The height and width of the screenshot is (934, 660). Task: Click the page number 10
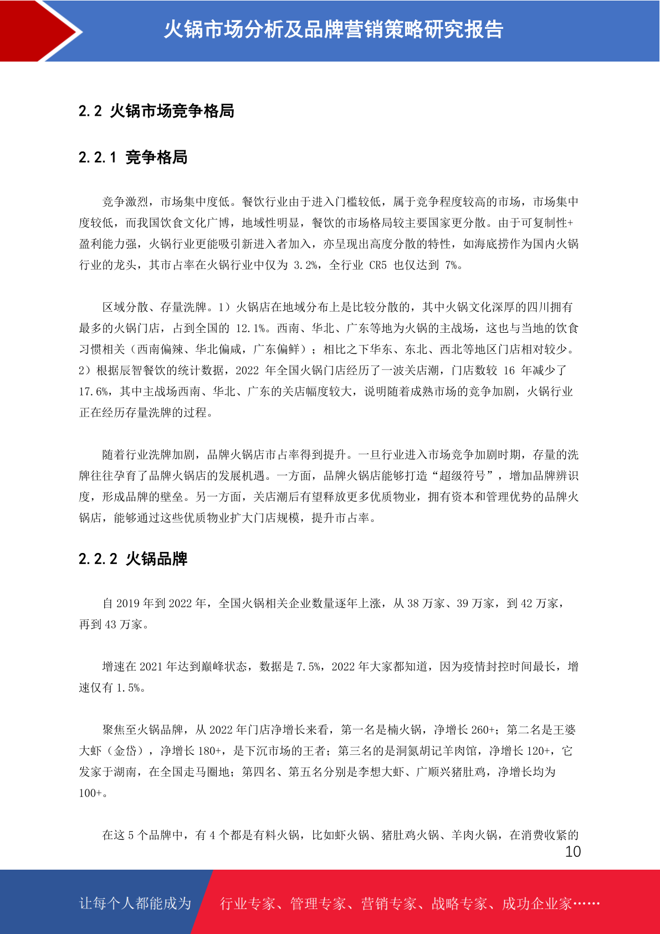pos(572,852)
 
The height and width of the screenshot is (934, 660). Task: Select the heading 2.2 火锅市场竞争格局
pos(156,111)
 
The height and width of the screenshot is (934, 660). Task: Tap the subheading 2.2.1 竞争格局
pos(133,158)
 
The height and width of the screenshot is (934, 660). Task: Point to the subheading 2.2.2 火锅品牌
pos(133,559)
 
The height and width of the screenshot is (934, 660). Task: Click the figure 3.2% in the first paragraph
pos(305,265)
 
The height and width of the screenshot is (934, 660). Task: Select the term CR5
pos(378,265)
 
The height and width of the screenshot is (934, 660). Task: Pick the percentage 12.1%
pos(251,328)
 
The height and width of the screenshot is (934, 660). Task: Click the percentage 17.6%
pos(93,392)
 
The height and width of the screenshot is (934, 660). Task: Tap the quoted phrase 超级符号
pos(462,476)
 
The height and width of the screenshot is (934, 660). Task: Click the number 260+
pos(481,730)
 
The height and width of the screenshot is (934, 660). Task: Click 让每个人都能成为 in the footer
pos(135,903)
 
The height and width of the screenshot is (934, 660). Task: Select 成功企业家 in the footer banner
pos(536,903)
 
